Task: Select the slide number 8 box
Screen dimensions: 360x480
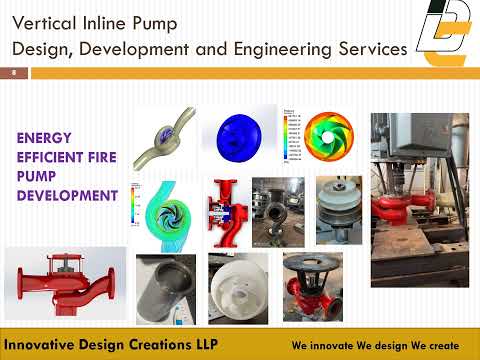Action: [15, 73]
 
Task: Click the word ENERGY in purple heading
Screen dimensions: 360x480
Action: [53, 136]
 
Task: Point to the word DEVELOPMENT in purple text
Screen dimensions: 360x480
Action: [67, 194]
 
